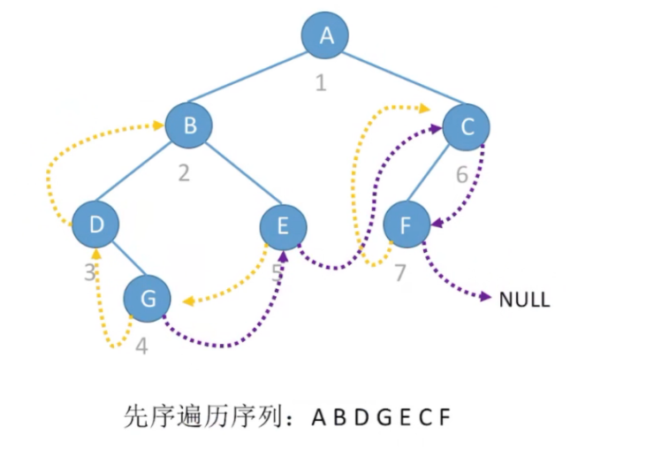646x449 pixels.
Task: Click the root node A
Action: tap(325, 36)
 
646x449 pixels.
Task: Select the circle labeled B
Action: tap(190, 126)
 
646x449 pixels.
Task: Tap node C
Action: tap(467, 127)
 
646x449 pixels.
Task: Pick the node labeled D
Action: tap(95, 225)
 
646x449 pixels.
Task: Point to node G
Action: tap(148, 299)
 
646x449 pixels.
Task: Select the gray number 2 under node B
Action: tap(184, 172)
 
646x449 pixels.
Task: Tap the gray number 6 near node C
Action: tap(461, 174)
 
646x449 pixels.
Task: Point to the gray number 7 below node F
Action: tap(399, 272)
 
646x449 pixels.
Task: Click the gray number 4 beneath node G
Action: tap(142, 346)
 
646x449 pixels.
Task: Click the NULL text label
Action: tap(524, 300)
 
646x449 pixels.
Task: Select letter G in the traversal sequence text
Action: tap(381, 416)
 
